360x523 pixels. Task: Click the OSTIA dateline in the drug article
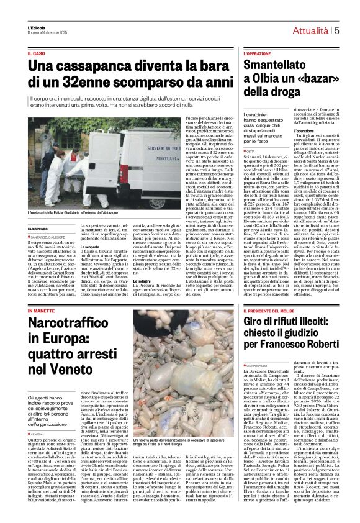point(250,151)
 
